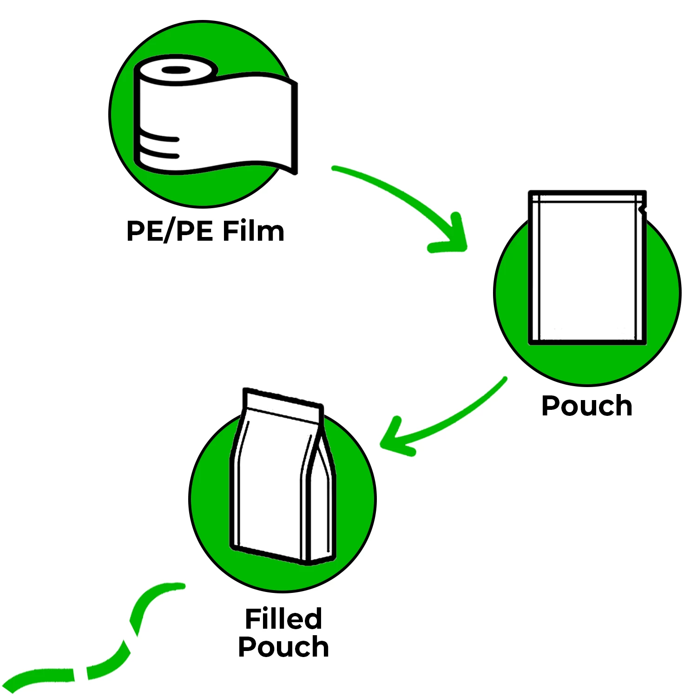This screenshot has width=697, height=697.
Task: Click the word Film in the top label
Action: (x=253, y=231)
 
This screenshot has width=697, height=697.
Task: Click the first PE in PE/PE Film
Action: (x=144, y=231)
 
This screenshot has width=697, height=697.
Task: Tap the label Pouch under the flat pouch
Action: (x=587, y=406)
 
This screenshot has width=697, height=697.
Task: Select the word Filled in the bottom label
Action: (x=283, y=618)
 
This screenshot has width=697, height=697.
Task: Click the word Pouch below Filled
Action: (x=283, y=647)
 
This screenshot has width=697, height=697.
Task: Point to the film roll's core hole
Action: (x=176, y=70)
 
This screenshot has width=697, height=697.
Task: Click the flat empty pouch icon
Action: (x=587, y=268)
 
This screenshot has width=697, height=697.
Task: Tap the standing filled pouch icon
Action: (x=283, y=477)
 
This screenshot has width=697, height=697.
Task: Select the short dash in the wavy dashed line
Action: (x=81, y=675)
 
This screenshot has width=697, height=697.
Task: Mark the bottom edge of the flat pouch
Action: (x=587, y=342)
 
